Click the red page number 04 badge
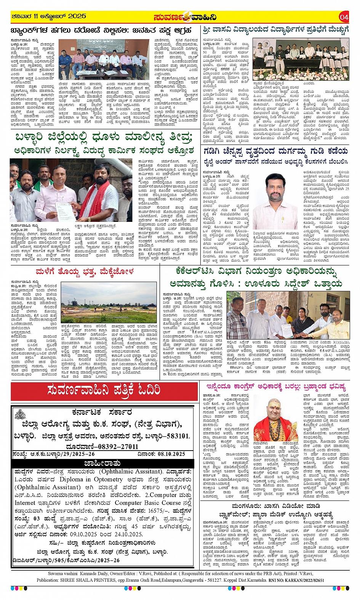pyautogui.click(x=344, y=17)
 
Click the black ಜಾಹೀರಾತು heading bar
pyautogui.click(x=102, y=463)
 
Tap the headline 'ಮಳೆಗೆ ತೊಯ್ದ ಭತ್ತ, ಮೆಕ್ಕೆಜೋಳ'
pyautogui.click(x=85, y=271)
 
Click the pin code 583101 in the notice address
pyautogui.click(x=173, y=436)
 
